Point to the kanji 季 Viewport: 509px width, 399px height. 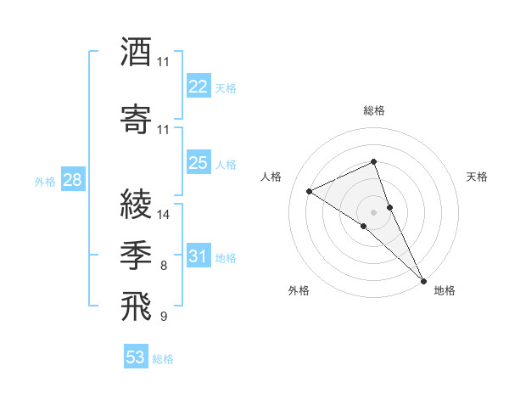[136, 255]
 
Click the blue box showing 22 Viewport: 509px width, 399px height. [199, 87]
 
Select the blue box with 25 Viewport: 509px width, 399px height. [199, 163]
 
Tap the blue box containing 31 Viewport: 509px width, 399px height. [199, 256]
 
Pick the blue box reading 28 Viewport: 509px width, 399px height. [72, 180]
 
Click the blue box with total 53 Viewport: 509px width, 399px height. [136, 357]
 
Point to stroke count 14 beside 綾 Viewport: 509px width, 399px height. [164, 215]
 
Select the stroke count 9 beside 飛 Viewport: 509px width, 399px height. [164, 318]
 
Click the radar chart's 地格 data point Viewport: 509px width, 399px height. [423, 279]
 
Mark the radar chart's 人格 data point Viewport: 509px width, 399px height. [310, 191]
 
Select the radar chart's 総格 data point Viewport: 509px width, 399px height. [373, 163]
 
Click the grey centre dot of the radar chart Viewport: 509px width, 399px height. [373, 211]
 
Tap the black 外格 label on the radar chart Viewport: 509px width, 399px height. [298, 290]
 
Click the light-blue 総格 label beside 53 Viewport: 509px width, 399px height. [163, 359]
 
